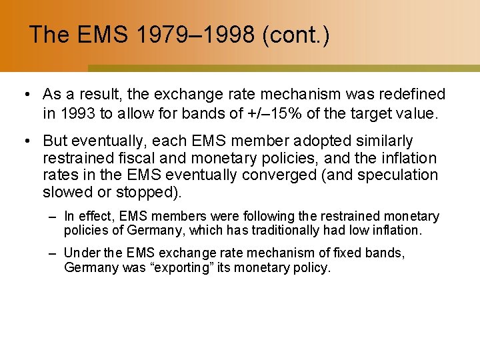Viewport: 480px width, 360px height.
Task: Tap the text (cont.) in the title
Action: (x=295, y=35)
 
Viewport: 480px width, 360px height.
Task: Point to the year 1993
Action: (x=76, y=113)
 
